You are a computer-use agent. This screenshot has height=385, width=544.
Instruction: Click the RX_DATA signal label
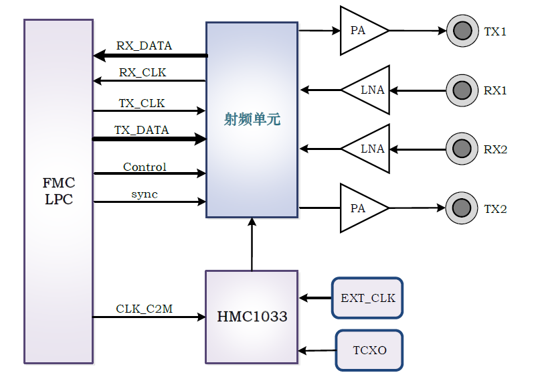point(144,46)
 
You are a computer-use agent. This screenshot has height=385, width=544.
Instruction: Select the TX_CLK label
point(142,103)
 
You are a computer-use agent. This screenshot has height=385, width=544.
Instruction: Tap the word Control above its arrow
point(145,167)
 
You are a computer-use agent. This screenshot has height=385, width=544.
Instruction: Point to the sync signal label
point(145,194)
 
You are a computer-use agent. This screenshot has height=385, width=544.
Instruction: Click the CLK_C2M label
point(145,309)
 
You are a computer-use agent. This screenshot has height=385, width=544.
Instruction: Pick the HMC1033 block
point(252,316)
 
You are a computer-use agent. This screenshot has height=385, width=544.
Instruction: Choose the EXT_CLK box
point(367,297)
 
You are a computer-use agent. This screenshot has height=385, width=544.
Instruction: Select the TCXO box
point(369,350)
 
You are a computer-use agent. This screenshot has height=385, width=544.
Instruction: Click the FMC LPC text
point(59,191)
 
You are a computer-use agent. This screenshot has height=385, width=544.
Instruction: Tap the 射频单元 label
point(252,120)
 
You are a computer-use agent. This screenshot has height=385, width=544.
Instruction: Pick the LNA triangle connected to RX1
point(370,90)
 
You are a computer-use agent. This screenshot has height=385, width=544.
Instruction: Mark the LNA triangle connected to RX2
point(370,149)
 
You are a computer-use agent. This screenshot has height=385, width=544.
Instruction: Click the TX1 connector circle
point(461,31)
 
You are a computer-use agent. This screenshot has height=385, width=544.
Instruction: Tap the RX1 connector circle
point(461,90)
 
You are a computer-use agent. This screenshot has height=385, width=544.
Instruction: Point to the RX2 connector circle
point(461,149)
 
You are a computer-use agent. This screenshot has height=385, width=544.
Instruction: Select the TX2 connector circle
point(461,208)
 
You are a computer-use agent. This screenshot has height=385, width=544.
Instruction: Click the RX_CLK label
point(143,72)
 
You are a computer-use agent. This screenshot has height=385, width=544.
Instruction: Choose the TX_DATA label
point(142,130)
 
